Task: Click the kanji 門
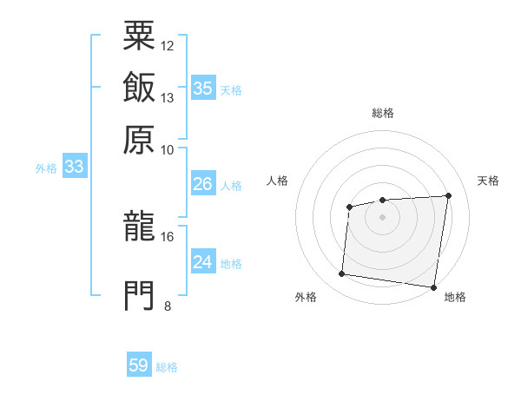coord(139,294)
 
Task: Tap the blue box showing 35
coord(203,88)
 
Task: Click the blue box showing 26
coord(203,184)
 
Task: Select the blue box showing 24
coord(203,262)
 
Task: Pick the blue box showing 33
coord(74,167)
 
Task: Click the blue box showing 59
coord(139,365)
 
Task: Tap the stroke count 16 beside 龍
coord(168,236)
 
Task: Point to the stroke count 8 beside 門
coord(168,306)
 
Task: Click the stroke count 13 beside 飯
coord(168,97)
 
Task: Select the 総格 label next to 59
coord(167,367)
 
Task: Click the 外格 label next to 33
coord(45,168)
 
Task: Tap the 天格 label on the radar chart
coord(489,181)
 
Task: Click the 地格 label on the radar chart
coord(455,297)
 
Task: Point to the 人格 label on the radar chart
coord(277,181)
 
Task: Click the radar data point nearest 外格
coord(341,274)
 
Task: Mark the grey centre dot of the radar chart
coord(382,216)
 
